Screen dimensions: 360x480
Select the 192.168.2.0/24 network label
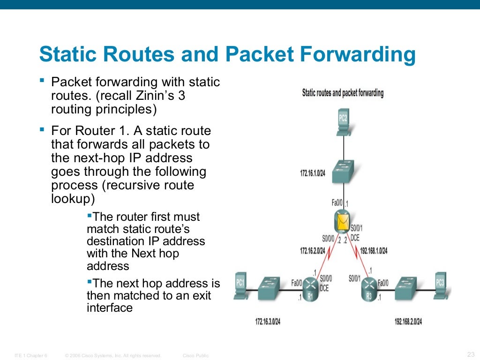pyautogui.click(x=408, y=322)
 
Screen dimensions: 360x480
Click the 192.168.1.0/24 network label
pyautogui.click(x=374, y=251)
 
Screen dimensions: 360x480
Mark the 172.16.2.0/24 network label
pyautogui.click(x=313, y=251)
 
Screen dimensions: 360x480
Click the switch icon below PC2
pyautogui.click(x=343, y=172)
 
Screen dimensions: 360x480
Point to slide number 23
pyautogui.click(x=471, y=354)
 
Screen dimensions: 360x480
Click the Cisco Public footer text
pyautogui.click(x=195, y=356)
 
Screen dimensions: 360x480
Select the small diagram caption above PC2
pyautogui.click(x=343, y=93)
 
